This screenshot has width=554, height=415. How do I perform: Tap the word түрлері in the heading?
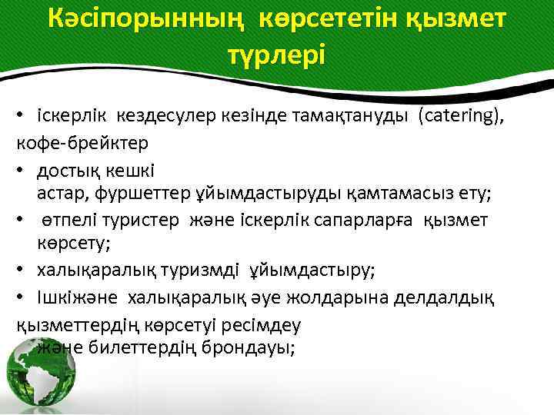point(277,54)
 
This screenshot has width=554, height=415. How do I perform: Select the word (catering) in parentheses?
point(462,116)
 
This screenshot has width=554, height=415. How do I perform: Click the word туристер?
point(142,220)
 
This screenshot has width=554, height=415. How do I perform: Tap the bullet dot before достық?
point(24,168)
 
